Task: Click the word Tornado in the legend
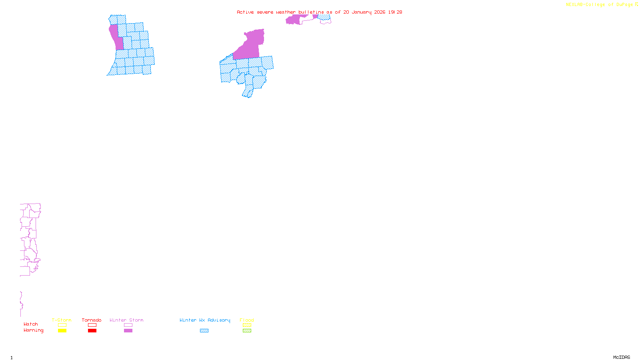tap(92, 320)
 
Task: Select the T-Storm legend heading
tap(62, 320)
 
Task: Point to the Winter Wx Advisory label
tap(205, 320)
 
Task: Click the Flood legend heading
tap(247, 320)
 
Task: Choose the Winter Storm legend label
tap(126, 320)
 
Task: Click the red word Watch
tap(31, 324)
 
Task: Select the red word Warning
tap(33, 330)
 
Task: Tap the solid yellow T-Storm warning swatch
tap(62, 331)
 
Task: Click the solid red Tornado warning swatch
tap(92, 331)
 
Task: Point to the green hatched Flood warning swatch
tap(247, 331)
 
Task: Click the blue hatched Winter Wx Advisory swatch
tap(204, 331)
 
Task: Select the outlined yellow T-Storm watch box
tap(62, 325)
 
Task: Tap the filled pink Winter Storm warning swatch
tap(128, 331)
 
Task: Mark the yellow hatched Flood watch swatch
tap(247, 325)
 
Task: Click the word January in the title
tap(362, 12)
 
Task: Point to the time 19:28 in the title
tap(395, 12)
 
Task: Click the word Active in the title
tap(245, 12)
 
